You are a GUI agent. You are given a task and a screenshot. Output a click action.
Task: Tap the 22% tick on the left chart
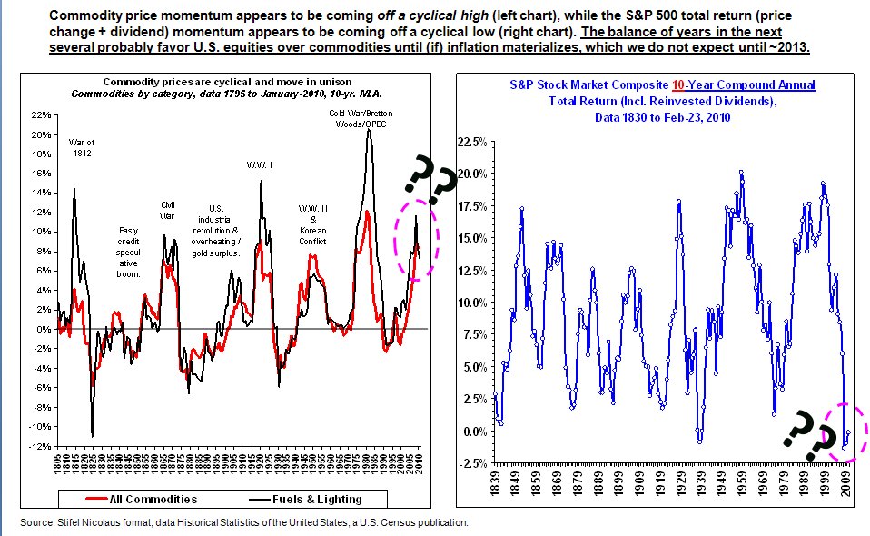click(40, 115)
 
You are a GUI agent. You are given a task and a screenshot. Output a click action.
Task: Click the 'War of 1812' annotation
click(82, 146)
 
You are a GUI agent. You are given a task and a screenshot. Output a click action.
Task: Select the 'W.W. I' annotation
click(262, 164)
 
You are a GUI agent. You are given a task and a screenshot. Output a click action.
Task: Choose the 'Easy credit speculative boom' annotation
click(129, 252)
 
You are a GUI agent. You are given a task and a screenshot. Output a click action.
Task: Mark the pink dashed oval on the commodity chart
click(416, 239)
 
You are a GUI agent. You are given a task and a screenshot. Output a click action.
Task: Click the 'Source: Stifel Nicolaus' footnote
click(243, 522)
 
